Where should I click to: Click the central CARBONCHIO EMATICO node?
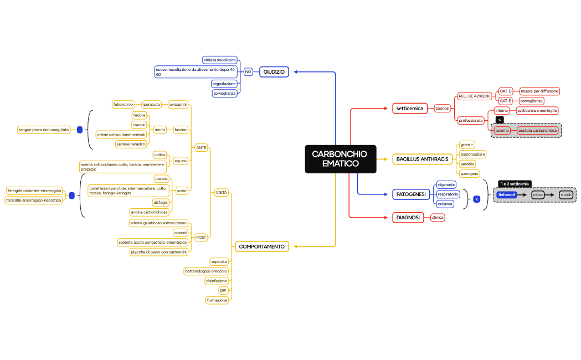[340, 159]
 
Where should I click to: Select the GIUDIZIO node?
[274, 72]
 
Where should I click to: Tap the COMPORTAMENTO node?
[262, 246]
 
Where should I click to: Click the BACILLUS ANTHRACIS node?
[422, 160]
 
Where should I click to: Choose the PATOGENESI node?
[410, 194]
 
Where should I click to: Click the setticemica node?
[410, 109]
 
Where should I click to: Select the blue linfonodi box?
[507, 195]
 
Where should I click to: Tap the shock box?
[565, 195]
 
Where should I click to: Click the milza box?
[537, 195]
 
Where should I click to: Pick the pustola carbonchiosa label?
[537, 130]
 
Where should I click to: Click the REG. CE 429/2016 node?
[475, 96]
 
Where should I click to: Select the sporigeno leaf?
[469, 173]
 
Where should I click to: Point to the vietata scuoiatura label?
[220, 59]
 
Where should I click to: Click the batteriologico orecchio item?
[206, 271]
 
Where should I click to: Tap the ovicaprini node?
[178, 104]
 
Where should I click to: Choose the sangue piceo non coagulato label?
[44, 130]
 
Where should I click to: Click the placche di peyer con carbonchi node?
[159, 252]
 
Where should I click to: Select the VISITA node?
[221, 192]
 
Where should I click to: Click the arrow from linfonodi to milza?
[524, 195]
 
